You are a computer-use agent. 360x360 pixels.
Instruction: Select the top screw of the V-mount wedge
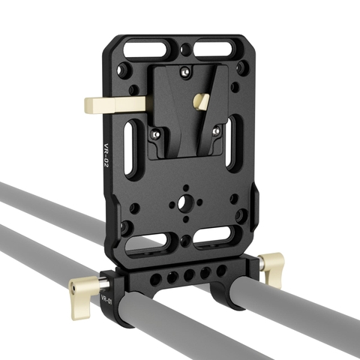point(184,73)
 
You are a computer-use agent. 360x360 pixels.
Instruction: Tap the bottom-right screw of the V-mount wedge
point(215,131)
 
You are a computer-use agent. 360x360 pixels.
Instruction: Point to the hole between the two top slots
point(184,51)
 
